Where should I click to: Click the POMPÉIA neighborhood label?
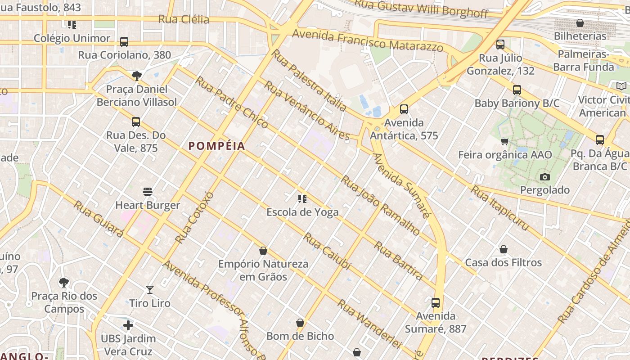coord(217,146)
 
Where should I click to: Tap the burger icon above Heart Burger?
coord(148,192)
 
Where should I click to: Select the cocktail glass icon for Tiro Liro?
coord(150,290)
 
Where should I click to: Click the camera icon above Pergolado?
coord(545,177)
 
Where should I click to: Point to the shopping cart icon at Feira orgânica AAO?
coord(505,142)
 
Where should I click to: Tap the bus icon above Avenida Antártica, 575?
coord(404,109)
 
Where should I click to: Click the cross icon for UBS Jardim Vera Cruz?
coord(128,325)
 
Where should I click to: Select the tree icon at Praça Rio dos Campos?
coord(64,283)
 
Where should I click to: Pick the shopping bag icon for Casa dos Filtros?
coord(504,249)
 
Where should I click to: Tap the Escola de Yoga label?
coord(302,212)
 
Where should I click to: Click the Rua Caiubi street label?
coord(327,251)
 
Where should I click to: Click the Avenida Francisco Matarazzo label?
coord(368,40)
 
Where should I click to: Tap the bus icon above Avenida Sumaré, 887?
coord(436,303)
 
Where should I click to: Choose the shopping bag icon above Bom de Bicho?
coord(300,323)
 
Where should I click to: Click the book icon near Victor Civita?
coord(621,86)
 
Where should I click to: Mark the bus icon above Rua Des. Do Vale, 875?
coord(136,122)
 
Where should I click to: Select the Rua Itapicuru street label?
coord(499,208)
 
